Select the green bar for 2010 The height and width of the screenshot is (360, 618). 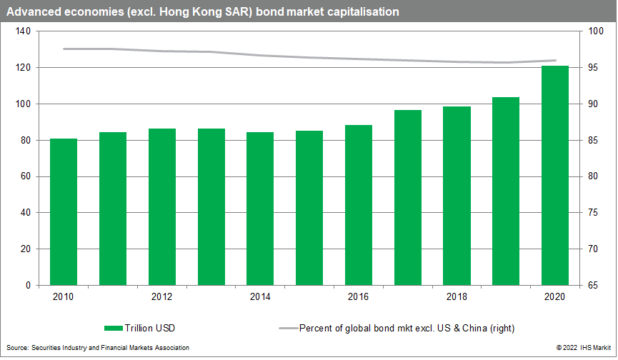tap(64, 211)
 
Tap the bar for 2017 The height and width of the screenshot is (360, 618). tap(408, 197)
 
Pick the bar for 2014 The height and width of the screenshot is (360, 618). tap(260, 209)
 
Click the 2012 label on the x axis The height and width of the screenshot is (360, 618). tap(162, 296)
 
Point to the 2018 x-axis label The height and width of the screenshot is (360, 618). tap(457, 296)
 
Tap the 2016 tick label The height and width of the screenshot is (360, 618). tap(359, 296)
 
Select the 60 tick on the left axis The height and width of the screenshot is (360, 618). tap(24, 176)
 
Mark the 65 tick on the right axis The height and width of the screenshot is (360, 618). tap(593, 285)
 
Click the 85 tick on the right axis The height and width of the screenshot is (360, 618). tap(593, 140)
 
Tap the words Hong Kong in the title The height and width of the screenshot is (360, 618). tap(192, 12)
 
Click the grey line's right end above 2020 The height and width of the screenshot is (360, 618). tap(555, 60)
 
